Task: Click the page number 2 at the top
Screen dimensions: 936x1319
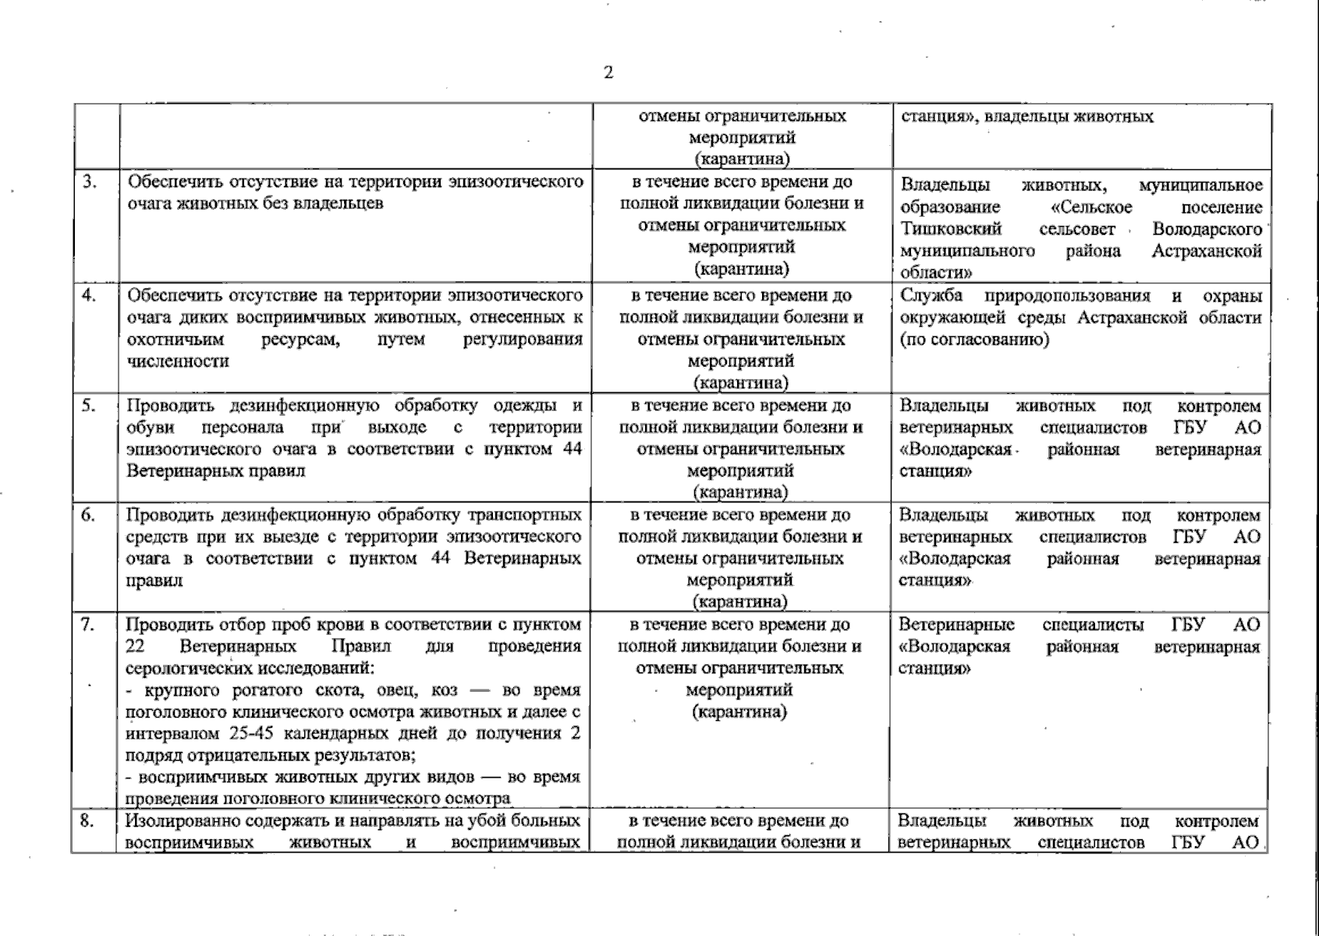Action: [608, 73]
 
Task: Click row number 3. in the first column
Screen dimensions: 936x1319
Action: [90, 182]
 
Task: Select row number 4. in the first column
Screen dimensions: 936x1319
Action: [90, 296]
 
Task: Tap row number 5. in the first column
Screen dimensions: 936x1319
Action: [90, 406]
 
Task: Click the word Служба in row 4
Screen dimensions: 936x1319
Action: [931, 296]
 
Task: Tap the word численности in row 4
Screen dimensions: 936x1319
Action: [178, 361]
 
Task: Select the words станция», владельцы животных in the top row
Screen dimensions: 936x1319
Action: [1026, 117]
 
